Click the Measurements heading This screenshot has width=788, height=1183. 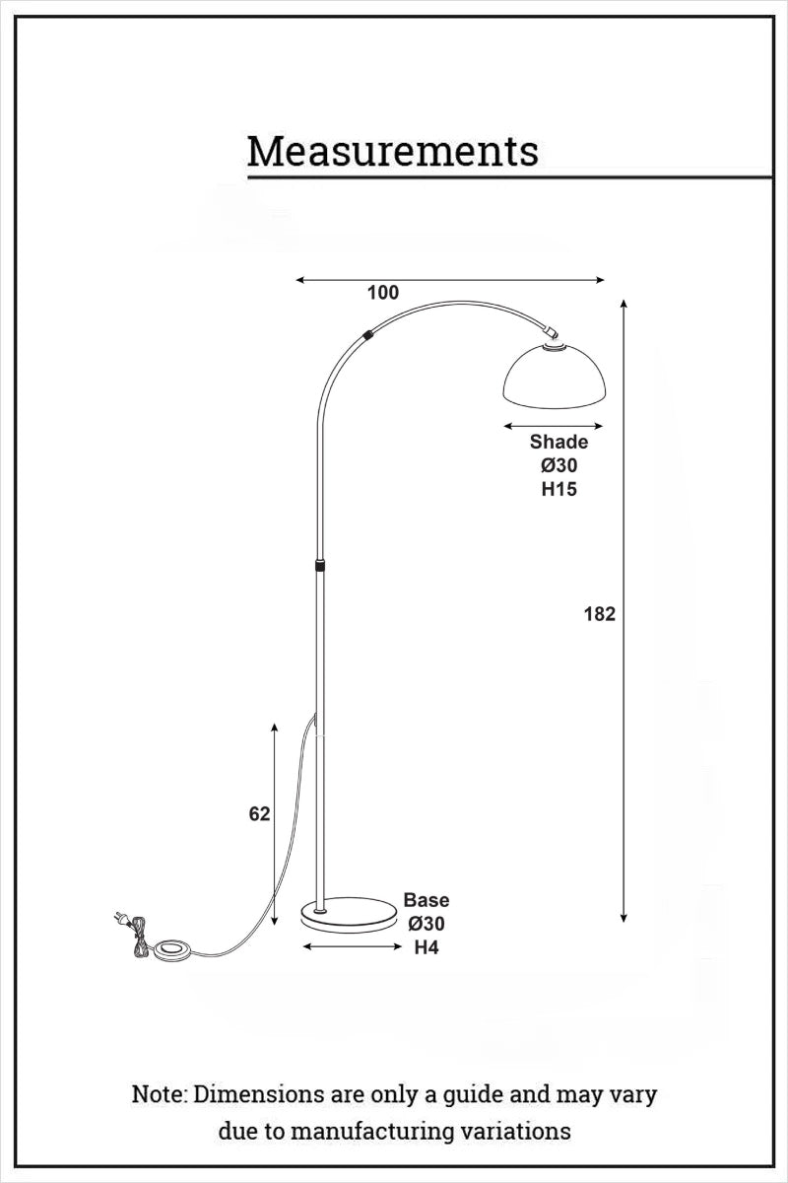pyautogui.click(x=392, y=153)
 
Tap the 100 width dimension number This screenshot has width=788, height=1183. pyautogui.click(x=383, y=292)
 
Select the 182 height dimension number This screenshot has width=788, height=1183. pyautogui.click(x=599, y=614)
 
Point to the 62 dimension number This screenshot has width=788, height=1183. pyautogui.click(x=259, y=814)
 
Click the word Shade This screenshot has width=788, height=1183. pyautogui.click(x=558, y=442)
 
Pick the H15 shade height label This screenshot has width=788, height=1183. pyautogui.click(x=558, y=489)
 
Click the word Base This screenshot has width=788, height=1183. pyautogui.click(x=427, y=900)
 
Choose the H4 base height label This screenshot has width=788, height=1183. pyautogui.click(x=426, y=948)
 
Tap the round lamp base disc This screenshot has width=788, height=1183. pyautogui.click(x=347, y=912)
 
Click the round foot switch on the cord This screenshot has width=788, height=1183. pyautogui.click(x=173, y=950)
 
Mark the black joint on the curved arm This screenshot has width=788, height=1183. pyautogui.click(x=367, y=335)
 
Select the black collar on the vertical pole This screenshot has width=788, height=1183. pyautogui.click(x=319, y=566)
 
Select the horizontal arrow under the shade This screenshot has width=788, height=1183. pyautogui.click(x=553, y=426)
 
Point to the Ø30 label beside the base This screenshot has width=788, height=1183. pyautogui.click(x=427, y=925)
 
